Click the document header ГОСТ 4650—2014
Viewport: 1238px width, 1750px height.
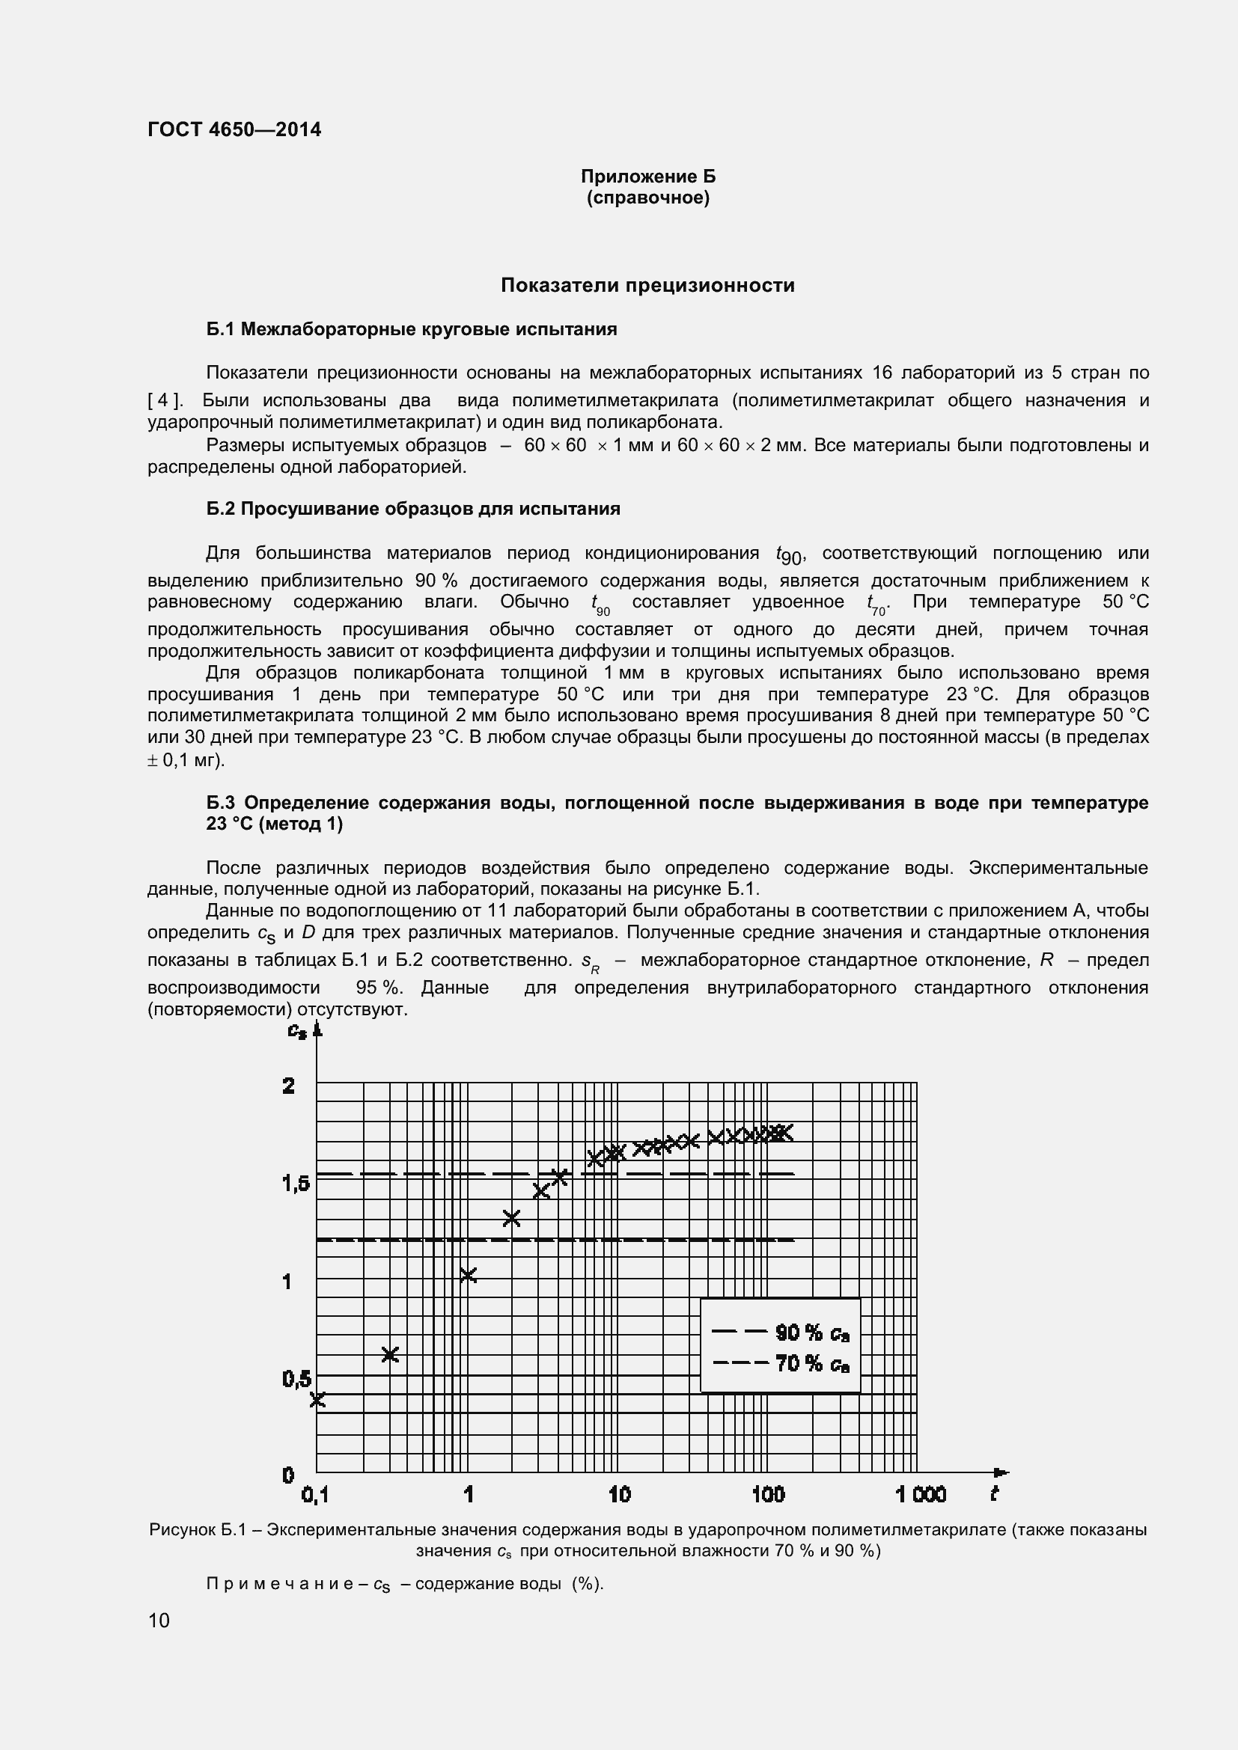click(234, 129)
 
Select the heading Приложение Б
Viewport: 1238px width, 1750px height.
click(648, 177)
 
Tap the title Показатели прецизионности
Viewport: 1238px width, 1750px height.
click(647, 285)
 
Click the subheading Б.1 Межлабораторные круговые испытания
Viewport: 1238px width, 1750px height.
click(412, 329)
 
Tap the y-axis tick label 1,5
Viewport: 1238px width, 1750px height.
click(296, 1184)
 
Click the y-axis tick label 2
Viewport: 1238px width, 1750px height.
click(289, 1086)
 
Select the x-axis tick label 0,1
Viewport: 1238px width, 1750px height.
click(315, 1495)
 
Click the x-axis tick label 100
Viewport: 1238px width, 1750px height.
click(768, 1495)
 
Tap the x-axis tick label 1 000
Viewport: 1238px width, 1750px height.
click(920, 1495)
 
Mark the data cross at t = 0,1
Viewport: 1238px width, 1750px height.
click(318, 1398)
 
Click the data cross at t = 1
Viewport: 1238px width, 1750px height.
click(469, 1274)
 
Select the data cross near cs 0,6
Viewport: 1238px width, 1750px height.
click(390, 1354)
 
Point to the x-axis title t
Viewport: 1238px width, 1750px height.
click(994, 1494)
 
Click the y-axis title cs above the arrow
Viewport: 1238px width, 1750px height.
click(296, 1030)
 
